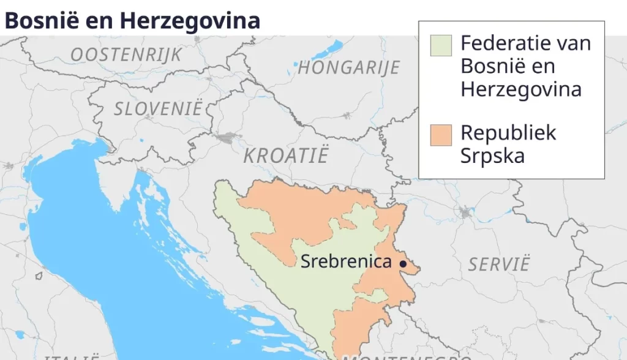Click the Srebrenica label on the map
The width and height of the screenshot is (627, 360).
click(x=345, y=262)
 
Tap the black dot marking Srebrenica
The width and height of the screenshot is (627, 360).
click(x=403, y=264)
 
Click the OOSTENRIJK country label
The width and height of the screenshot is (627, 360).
click(x=126, y=55)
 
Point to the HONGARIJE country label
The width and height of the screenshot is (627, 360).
click(x=348, y=67)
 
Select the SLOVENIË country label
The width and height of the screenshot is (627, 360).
click(x=157, y=110)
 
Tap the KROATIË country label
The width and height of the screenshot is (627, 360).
click(x=285, y=156)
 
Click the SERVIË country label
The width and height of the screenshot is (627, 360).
click(x=498, y=264)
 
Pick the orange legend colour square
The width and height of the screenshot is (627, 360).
click(x=441, y=135)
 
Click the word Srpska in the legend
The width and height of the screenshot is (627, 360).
click(x=493, y=156)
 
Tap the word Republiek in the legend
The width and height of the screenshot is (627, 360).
click(x=508, y=133)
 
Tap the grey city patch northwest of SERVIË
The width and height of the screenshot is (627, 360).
click(x=465, y=212)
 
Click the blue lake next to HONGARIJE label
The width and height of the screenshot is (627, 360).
click(x=296, y=64)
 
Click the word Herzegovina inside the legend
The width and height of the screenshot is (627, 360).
click(x=521, y=89)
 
